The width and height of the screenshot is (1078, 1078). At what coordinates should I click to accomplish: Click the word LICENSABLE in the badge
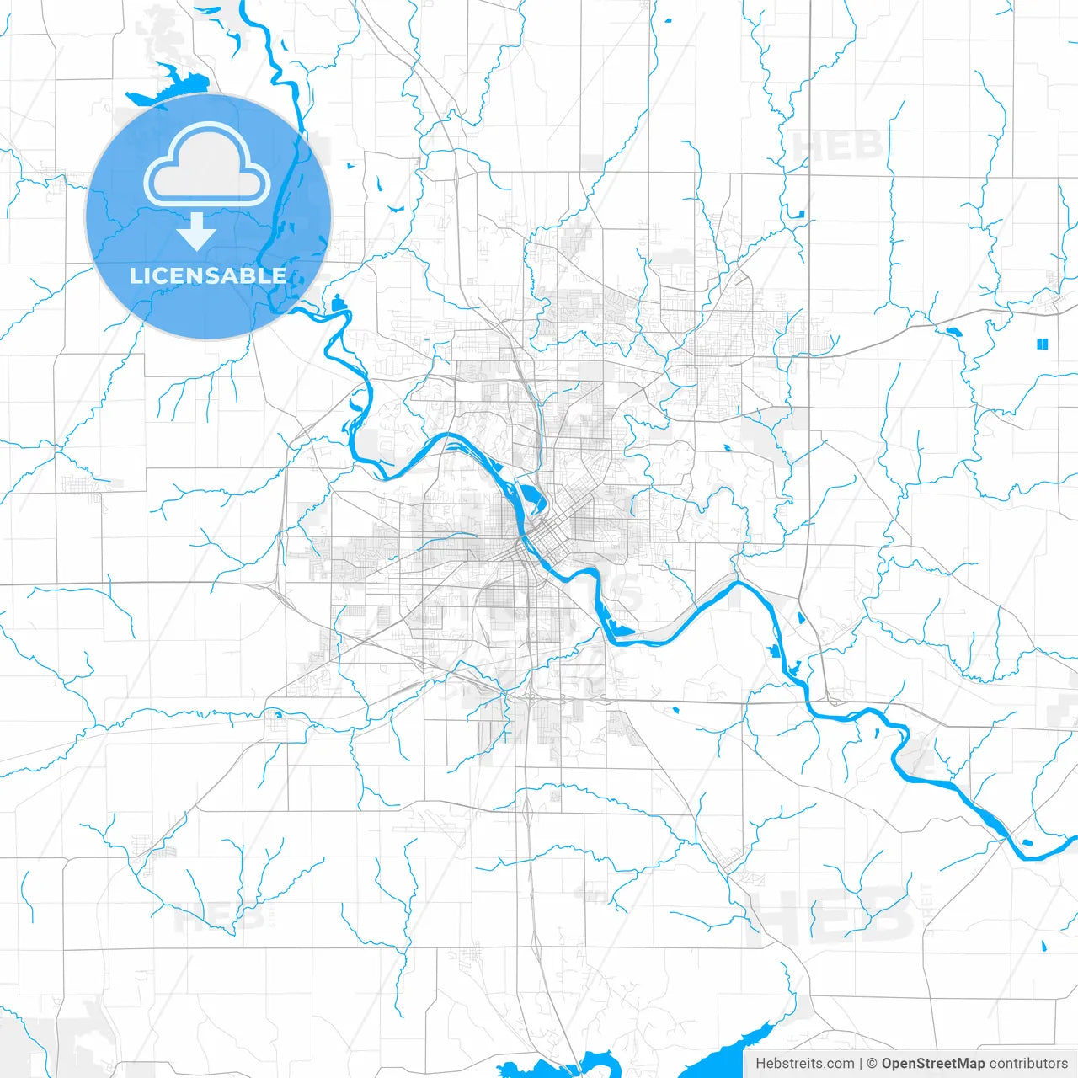[x=207, y=275]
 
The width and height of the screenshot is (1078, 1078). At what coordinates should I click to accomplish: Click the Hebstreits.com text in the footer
[x=804, y=1064]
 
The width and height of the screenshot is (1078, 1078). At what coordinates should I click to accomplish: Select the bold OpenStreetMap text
[x=932, y=1064]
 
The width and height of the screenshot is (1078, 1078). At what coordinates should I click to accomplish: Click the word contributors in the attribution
[x=1028, y=1064]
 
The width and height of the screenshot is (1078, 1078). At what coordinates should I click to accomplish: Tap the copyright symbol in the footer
[x=872, y=1064]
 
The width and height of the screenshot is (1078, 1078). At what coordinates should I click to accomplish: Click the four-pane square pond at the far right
[x=1042, y=344]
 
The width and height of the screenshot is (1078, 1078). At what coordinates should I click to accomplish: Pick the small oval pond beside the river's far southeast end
[x=1026, y=842]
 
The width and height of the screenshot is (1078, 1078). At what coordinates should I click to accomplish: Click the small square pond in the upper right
[x=800, y=214]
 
